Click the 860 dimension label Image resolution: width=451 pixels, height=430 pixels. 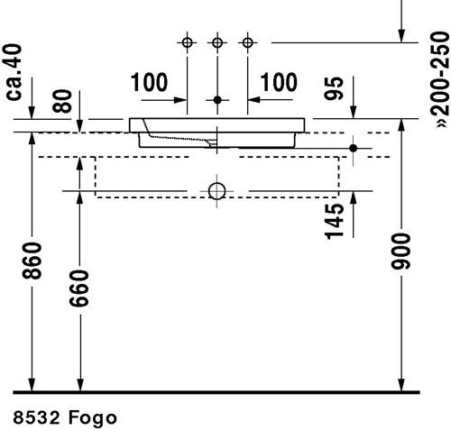tap(32, 261)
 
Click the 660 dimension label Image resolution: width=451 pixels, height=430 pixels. tap(79, 288)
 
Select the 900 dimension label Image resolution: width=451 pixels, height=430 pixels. tap(400, 251)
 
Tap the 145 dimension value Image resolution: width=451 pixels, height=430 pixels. tap(335, 222)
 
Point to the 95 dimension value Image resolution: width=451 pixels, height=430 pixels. tap(334, 88)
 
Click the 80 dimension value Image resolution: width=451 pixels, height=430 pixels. tap(62, 101)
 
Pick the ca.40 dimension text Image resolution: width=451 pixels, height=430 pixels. tap(14, 72)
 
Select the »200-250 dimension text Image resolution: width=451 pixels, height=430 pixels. tap(440, 79)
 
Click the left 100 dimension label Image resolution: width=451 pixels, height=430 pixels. tap(149, 82)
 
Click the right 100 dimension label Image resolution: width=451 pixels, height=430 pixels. tap(279, 82)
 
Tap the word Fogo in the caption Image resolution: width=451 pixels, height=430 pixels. tap(93, 418)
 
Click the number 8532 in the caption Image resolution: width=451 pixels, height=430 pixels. tap(36, 417)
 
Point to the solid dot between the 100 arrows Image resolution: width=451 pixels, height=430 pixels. tap(217, 100)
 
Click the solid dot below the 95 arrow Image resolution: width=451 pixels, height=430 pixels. tap(354, 148)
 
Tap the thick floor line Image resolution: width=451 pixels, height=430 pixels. tap(216, 392)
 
